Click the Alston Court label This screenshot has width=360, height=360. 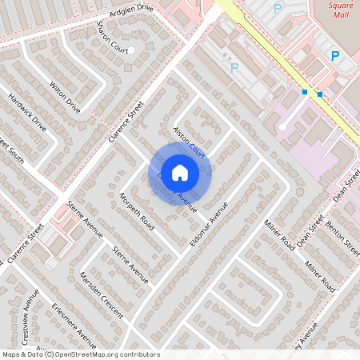pos(190,141)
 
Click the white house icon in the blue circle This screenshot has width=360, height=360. pos(180,172)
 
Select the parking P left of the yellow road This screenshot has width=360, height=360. pos(234,69)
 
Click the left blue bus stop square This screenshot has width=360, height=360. pos(304,92)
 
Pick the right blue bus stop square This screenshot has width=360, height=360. pos(320,94)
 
